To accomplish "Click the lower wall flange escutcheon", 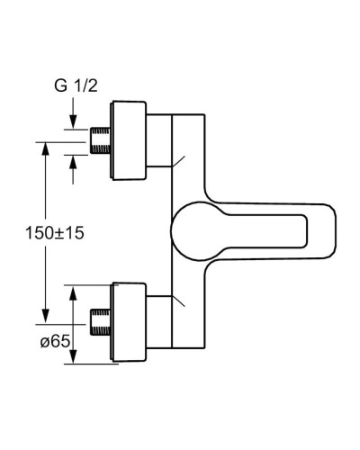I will pyautogui.click(x=128, y=321).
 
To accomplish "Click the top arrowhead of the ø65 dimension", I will pyautogui.click(x=73, y=289).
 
